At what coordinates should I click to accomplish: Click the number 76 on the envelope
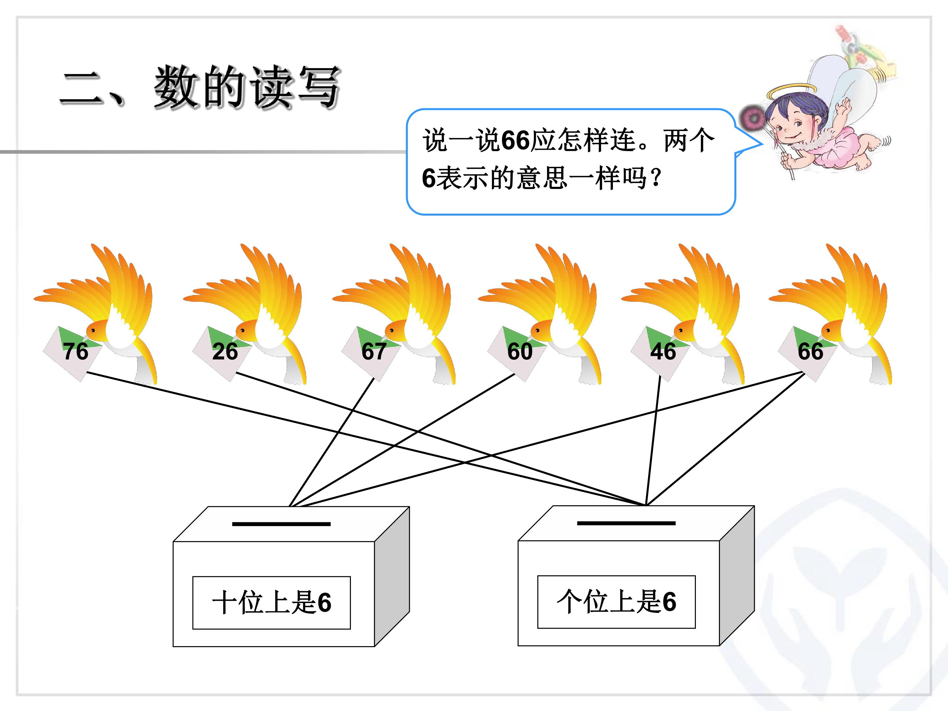(76, 352)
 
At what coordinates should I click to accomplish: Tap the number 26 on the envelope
(225, 352)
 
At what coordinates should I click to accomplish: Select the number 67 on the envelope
(374, 352)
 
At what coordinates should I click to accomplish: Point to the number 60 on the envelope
(520, 352)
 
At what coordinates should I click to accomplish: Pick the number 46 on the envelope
(663, 352)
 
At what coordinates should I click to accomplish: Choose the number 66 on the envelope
(810, 352)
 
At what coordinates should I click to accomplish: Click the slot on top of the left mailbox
(281, 524)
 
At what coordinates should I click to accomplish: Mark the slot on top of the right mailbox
(626, 523)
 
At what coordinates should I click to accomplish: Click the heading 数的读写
(248, 88)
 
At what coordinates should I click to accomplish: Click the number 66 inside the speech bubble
(515, 140)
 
